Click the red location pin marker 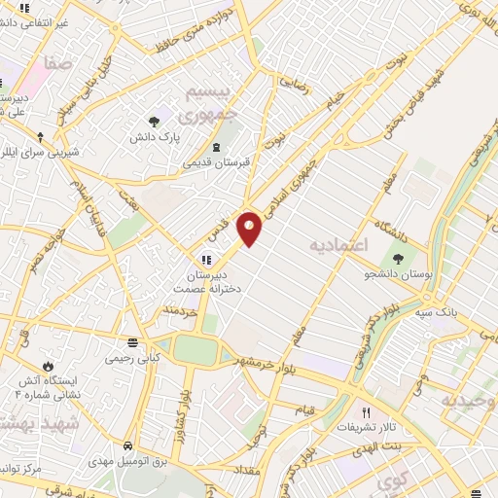point(250,229)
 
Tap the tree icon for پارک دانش point(154,122)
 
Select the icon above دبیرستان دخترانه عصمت point(205,260)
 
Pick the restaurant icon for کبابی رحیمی point(132,343)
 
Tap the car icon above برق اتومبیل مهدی point(127,445)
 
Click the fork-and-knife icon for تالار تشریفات point(366,411)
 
